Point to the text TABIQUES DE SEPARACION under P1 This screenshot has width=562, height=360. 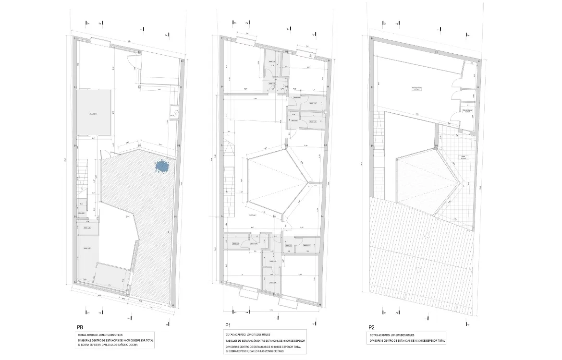pos(264,340)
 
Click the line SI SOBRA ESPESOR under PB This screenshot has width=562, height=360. pos(108,346)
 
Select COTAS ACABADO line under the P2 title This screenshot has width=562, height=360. pos(392,335)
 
